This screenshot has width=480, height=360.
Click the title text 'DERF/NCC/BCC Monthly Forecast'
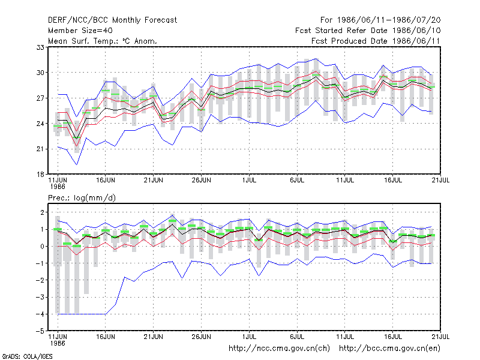pyautogui.click(x=112, y=20)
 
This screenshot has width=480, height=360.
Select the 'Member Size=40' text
pyautogui.click(x=80, y=31)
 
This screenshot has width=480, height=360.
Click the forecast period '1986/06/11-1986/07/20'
pyautogui.click(x=389, y=20)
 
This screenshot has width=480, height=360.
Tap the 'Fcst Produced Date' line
pyautogui.click(x=376, y=41)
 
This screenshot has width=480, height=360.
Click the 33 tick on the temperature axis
pyautogui.click(x=40, y=47)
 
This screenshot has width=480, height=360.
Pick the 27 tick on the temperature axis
pyautogui.click(x=40, y=98)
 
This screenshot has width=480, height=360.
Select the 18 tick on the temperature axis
pyautogui.click(x=40, y=175)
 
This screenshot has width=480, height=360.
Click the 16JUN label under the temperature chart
pyautogui.click(x=106, y=180)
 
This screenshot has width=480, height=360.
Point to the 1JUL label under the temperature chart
pyautogui.click(x=249, y=180)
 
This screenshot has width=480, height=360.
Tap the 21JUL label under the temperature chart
pyautogui.click(x=440, y=180)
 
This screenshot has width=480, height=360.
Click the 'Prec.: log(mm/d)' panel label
pyautogui.click(x=82, y=198)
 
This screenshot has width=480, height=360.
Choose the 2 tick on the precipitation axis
pyautogui.click(x=42, y=212)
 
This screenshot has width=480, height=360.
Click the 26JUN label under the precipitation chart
pyautogui.click(x=202, y=337)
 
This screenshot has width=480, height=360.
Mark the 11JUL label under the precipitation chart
pyautogui.click(x=345, y=337)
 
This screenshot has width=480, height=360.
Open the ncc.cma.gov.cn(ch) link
pyautogui.click(x=279, y=349)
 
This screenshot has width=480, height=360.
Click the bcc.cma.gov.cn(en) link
pyautogui.click(x=389, y=349)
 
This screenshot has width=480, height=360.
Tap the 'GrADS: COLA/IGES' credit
pyautogui.click(x=27, y=356)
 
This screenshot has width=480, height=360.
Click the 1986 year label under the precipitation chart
pyautogui.click(x=58, y=343)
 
